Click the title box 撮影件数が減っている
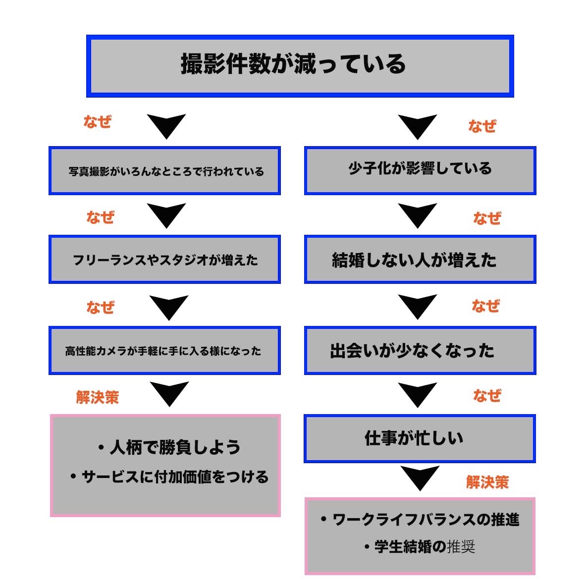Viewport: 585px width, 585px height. tap(300, 66)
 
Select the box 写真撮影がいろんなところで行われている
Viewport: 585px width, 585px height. tap(164, 170)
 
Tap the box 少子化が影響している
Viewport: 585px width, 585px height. tap(420, 170)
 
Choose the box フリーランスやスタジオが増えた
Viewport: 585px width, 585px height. tap(164, 259)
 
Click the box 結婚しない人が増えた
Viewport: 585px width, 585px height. tap(420, 259)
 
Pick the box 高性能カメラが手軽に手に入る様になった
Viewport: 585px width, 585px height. tap(164, 350)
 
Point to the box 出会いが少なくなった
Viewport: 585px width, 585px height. tap(420, 350)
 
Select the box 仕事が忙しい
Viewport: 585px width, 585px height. tap(420, 438)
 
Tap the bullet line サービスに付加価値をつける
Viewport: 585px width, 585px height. tap(169, 477)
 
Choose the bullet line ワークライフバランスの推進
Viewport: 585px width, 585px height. tap(420, 519)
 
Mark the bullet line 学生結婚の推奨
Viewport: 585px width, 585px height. tap(420, 546)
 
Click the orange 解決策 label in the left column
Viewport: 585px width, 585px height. tap(98, 397)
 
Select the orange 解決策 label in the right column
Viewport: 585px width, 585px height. tap(487, 482)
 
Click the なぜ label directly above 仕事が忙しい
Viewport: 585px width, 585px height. tap(487, 395)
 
